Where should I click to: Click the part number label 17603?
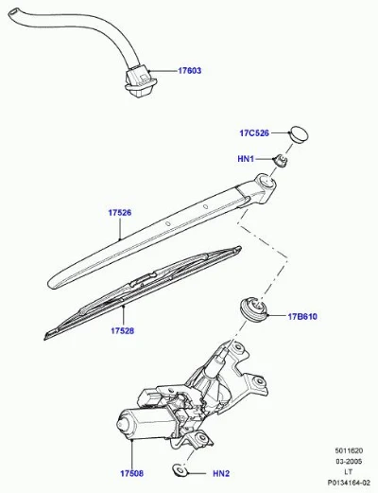[189, 71]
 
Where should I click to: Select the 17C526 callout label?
[254, 133]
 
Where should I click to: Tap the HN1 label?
[246, 159]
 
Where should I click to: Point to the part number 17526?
[120, 213]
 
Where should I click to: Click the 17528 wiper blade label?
[122, 330]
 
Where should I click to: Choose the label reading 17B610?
[302, 316]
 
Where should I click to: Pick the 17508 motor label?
[131, 473]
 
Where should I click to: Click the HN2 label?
[221, 473]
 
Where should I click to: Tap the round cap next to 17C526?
[299, 134]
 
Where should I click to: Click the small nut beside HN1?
[281, 161]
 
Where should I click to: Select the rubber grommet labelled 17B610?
[254, 308]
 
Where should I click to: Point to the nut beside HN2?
[180, 470]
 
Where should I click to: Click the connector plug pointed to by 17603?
[139, 80]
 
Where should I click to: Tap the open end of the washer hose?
[13, 13]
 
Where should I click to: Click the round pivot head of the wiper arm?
[266, 182]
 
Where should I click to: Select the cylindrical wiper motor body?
[144, 424]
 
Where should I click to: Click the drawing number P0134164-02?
[349, 483]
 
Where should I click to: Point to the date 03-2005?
[349, 462]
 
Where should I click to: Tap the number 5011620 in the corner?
[349, 450]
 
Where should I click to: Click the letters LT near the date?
[349, 472]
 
